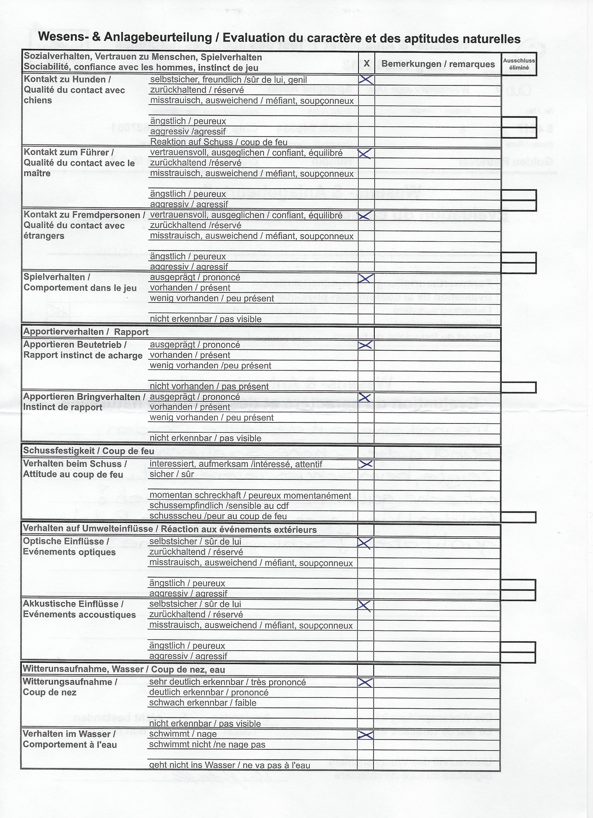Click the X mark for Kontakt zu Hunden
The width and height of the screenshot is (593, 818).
pos(366,80)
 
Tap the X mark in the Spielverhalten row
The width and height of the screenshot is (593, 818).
pos(366,278)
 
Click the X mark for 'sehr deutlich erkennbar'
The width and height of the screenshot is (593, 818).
pos(366,682)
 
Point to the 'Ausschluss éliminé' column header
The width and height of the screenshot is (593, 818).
pos(519,64)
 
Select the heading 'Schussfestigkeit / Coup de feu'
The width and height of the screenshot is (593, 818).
pos(88,451)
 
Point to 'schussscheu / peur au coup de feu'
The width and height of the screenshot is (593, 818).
pos(218,516)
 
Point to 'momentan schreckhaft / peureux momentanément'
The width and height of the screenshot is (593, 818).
pos(250,495)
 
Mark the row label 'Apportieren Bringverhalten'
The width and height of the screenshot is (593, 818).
pos(84,397)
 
